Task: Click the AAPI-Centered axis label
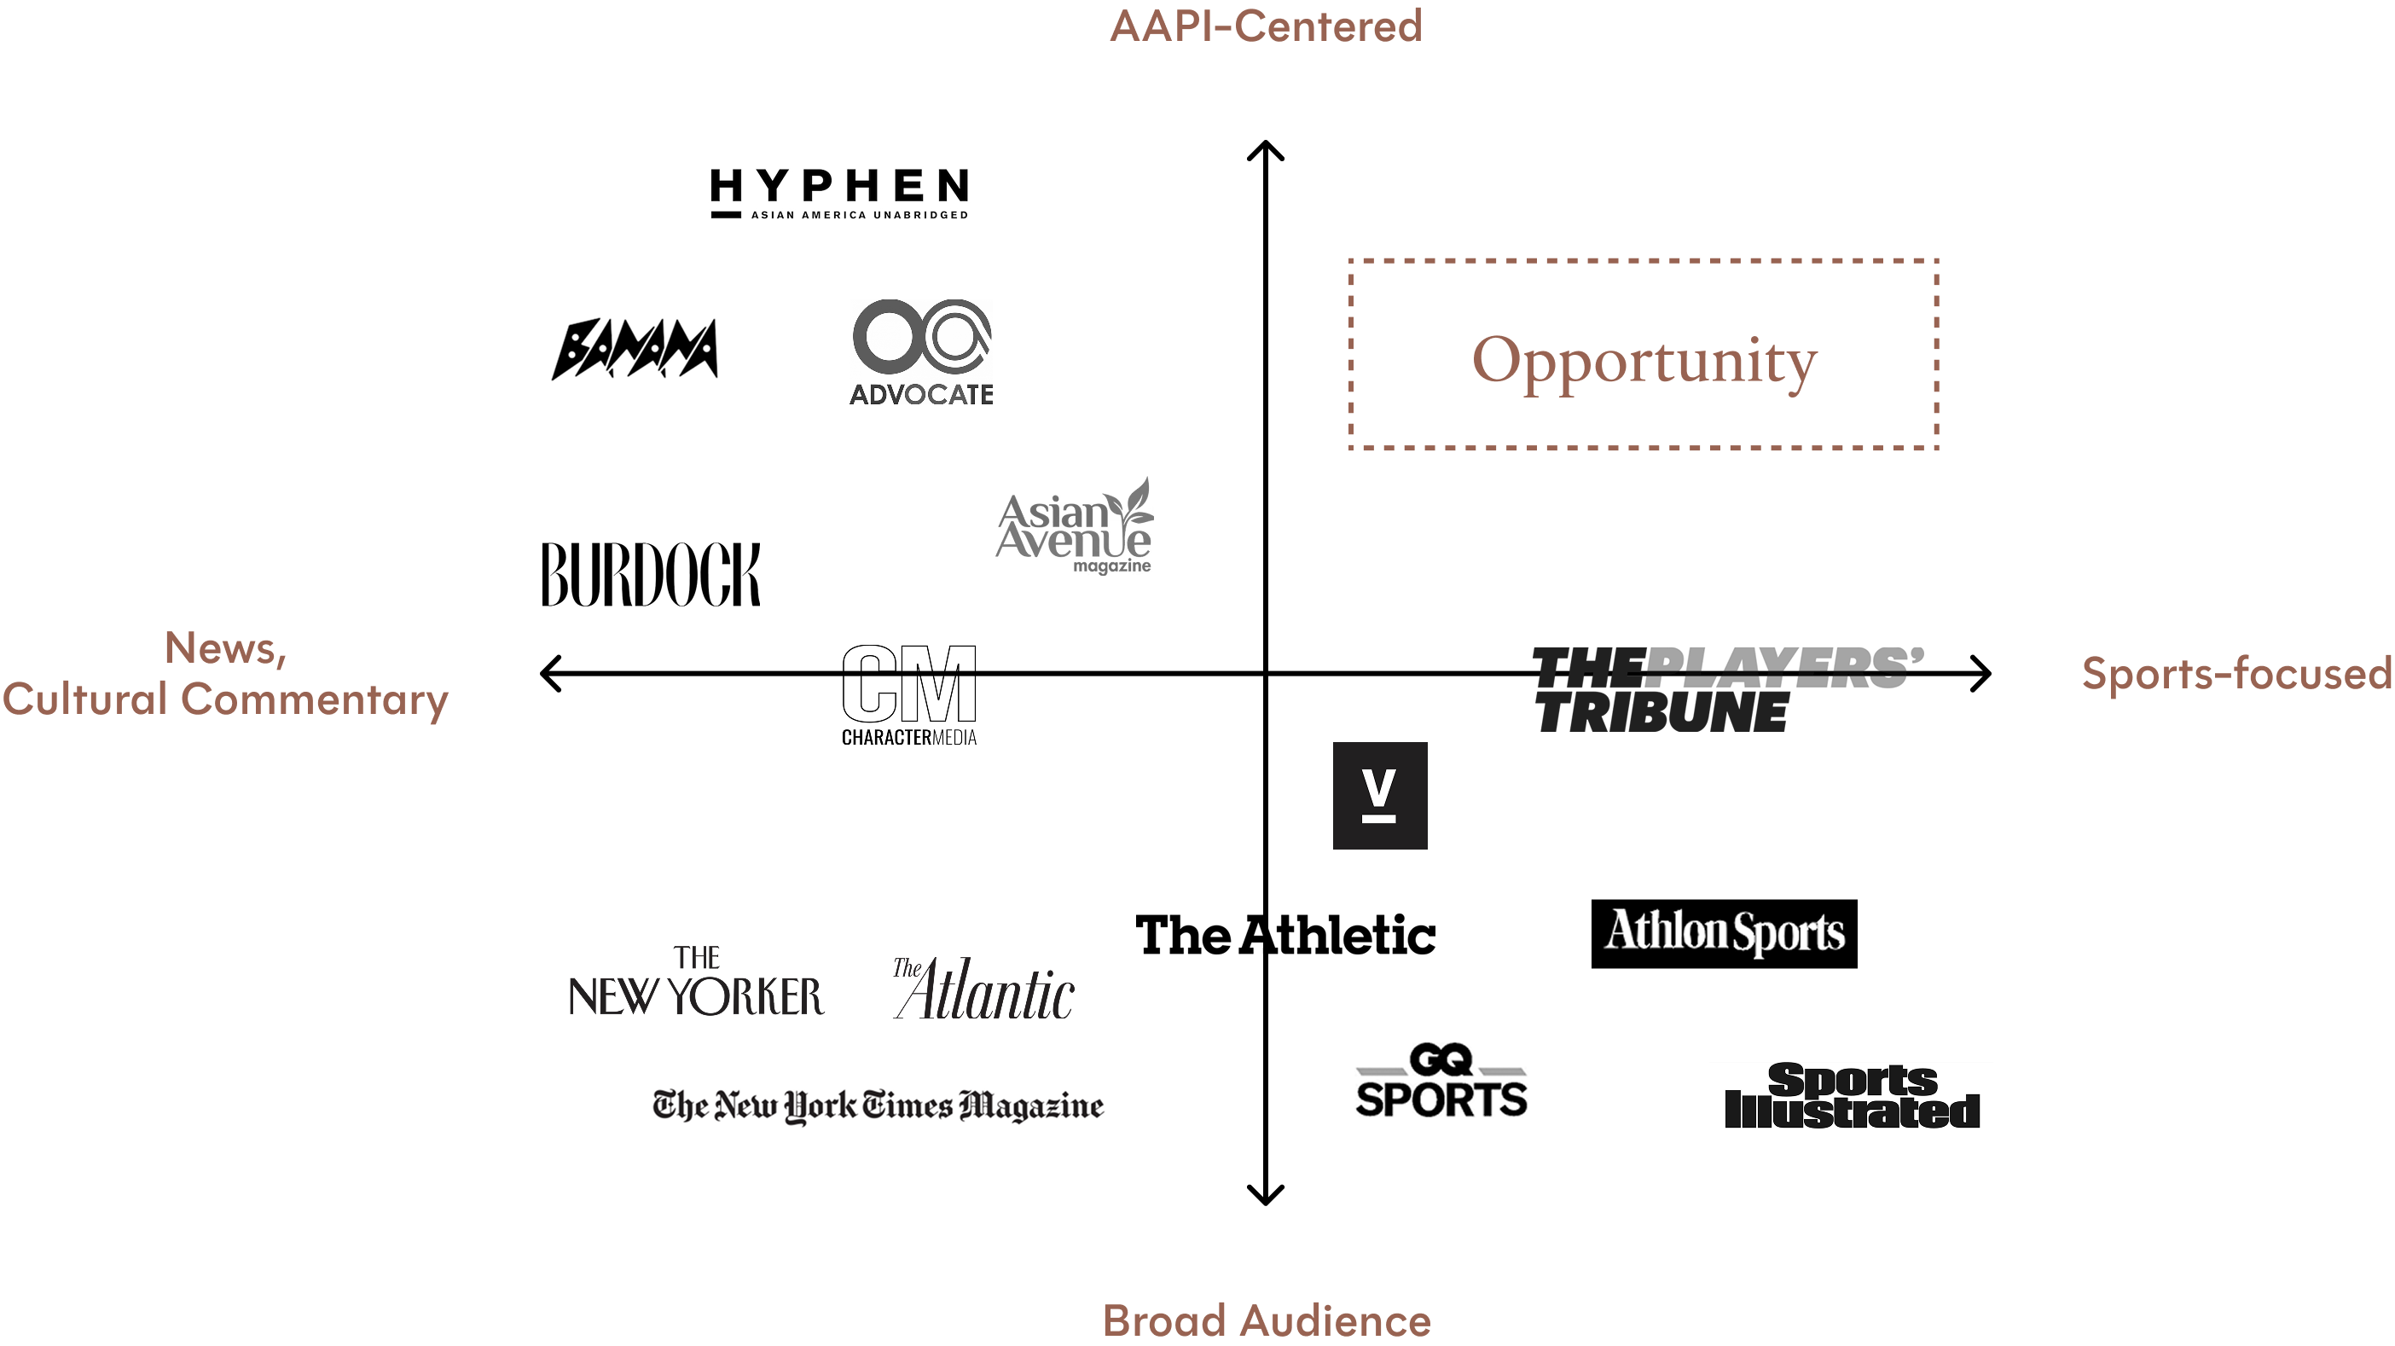(1266, 26)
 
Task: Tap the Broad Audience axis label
(1266, 1320)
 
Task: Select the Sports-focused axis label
(2236, 673)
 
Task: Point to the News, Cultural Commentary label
(225, 674)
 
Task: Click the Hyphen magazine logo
(838, 193)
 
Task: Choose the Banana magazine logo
(634, 349)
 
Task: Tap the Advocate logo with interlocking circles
(920, 351)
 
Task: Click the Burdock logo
(651, 574)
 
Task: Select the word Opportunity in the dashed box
(1644, 361)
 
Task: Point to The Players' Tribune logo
(1727, 689)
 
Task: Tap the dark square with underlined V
(1380, 795)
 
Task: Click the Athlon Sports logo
(1725, 931)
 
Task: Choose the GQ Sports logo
(1441, 1080)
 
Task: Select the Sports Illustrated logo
(1850, 1100)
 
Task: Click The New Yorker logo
(695, 983)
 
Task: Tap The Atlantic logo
(983, 989)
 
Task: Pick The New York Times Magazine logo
(879, 1105)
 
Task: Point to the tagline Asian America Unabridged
(859, 215)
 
